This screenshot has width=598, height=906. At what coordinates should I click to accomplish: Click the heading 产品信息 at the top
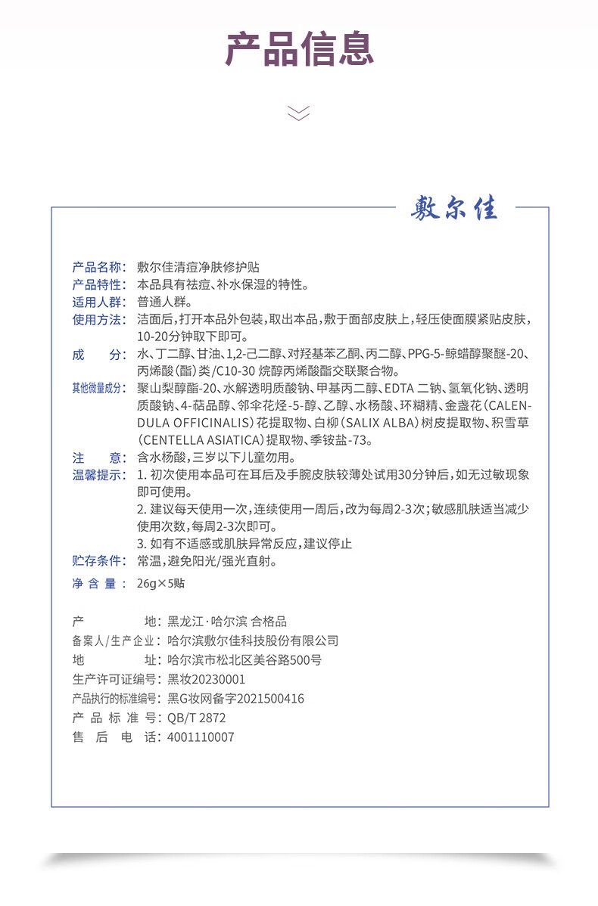[299, 49]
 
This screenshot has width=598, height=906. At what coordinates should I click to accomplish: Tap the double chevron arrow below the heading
[299, 113]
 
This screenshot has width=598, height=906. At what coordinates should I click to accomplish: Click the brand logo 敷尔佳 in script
[455, 208]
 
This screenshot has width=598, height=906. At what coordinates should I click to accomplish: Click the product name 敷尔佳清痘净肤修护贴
[199, 266]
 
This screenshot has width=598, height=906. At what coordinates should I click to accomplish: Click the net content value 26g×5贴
[161, 584]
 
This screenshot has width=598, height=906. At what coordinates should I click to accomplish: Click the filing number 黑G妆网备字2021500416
[235, 699]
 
